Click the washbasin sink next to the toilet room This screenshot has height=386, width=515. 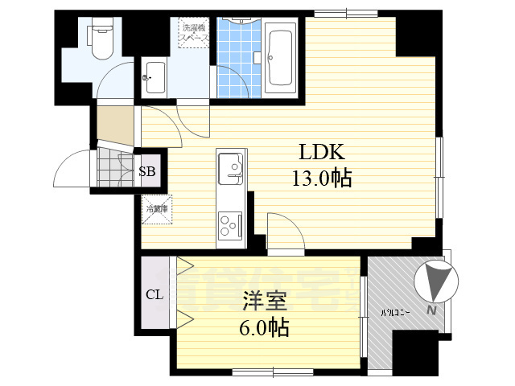(x=154, y=78)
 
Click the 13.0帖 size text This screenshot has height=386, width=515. (x=322, y=178)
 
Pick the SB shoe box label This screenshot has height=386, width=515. (x=149, y=171)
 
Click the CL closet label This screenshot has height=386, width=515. (x=154, y=294)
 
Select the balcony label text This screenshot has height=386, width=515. (x=396, y=311)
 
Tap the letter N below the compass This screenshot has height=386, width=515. (x=432, y=311)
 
